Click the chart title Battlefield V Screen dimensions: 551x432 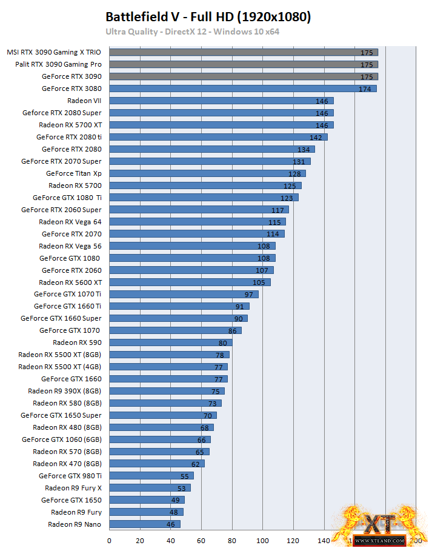(x=208, y=17)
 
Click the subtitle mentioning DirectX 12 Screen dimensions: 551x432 (x=192, y=32)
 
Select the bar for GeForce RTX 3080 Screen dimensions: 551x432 (x=242, y=88)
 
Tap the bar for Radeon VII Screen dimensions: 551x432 (x=221, y=101)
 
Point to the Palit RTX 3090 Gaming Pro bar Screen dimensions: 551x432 (x=243, y=64)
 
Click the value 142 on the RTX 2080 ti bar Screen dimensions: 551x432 (x=316, y=138)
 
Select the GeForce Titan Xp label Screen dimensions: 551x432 (x=74, y=173)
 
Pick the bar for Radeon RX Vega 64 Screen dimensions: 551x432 (x=198, y=222)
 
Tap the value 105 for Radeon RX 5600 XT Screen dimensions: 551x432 (x=259, y=283)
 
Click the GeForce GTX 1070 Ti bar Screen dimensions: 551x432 (x=184, y=295)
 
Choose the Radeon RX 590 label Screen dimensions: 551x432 (x=77, y=342)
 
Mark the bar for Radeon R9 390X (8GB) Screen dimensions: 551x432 (x=167, y=391)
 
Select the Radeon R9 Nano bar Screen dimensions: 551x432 (x=145, y=524)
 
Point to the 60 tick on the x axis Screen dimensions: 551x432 (x=201, y=540)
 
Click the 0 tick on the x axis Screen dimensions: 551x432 (x=110, y=540)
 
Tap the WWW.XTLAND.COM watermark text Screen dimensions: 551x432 (x=379, y=540)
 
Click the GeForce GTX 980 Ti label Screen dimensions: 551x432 (x=70, y=476)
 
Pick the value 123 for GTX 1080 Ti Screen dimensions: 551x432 (x=287, y=198)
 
